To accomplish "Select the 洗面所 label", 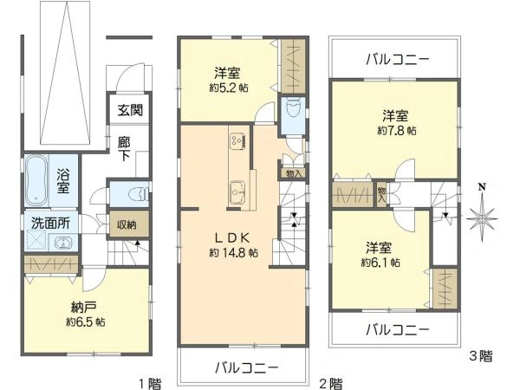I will pos(51,222).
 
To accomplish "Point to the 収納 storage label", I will pos(127,224).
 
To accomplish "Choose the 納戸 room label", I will pos(84,307).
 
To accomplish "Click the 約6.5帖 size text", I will pos(85,322).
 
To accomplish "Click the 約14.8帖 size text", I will pos(233,254).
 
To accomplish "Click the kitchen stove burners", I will pos(236,140).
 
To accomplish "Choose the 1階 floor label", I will pos(149,381).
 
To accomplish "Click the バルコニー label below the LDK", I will pos(247,367).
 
